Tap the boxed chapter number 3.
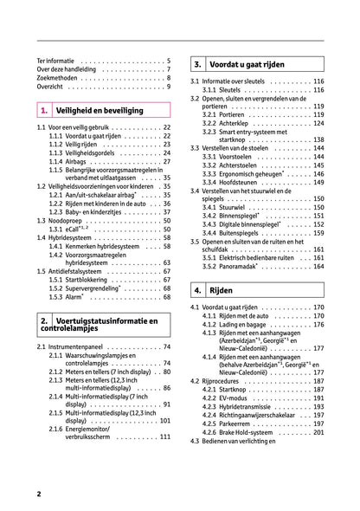(x=199, y=64)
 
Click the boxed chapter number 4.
(x=199, y=290)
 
